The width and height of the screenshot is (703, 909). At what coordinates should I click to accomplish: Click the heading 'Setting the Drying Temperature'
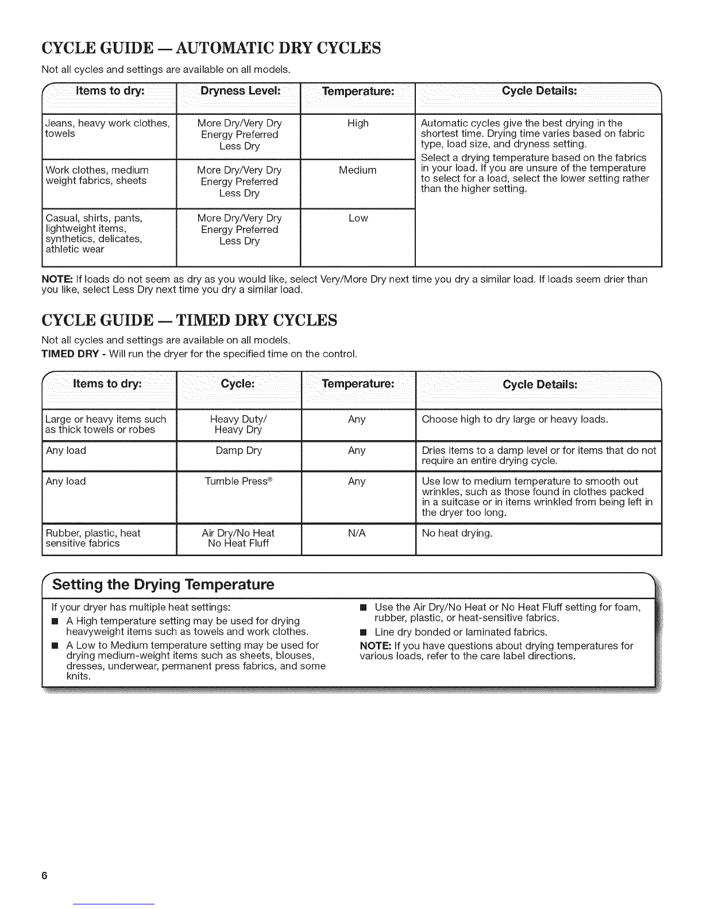pos(164,585)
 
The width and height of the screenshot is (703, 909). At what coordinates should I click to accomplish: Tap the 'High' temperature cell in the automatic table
pos(358,123)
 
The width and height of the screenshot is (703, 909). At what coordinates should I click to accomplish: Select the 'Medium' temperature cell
pos(358,170)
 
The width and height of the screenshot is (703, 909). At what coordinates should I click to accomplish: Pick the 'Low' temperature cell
pos(358,218)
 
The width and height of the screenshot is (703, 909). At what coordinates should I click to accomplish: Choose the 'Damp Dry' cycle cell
pos(238,450)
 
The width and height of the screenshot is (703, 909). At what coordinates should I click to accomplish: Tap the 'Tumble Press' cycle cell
pos(238,481)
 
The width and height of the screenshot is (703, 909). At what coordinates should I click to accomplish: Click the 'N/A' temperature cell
pos(357,533)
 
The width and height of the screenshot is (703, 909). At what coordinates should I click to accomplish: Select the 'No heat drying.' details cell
pos(457,533)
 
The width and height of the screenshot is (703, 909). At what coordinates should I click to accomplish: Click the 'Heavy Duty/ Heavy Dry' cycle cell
pos(238,425)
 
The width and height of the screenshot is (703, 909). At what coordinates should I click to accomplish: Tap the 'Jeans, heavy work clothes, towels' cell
pos(107,129)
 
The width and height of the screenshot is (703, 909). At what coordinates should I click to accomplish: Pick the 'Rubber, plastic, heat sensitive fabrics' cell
pos(93,538)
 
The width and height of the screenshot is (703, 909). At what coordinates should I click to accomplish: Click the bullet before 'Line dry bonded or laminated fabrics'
pos(363,632)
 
